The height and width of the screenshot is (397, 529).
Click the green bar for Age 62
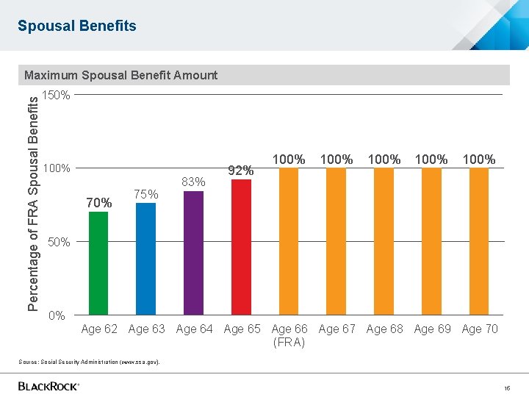click(x=98, y=263)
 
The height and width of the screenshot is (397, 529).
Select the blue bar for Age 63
click(x=146, y=259)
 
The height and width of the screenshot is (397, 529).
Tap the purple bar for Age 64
click(x=193, y=253)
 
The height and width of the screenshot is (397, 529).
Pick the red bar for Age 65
click(x=241, y=247)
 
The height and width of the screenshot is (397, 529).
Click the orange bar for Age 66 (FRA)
click(x=289, y=241)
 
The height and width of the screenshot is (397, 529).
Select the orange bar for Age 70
click(x=479, y=241)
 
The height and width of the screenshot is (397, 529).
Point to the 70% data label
click(x=99, y=203)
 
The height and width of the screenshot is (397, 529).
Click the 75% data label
click(x=146, y=194)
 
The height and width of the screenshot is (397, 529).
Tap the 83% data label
click(x=193, y=182)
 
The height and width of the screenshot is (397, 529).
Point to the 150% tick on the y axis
click(x=57, y=96)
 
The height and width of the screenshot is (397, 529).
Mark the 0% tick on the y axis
click(x=57, y=316)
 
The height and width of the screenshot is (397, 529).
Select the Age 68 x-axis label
click(x=384, y=329)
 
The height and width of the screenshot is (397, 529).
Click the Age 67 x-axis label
click(x=337, y=329)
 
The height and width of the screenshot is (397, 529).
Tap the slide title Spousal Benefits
click(x=77, y=26)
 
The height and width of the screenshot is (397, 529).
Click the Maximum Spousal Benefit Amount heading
click(x=120, y=75)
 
